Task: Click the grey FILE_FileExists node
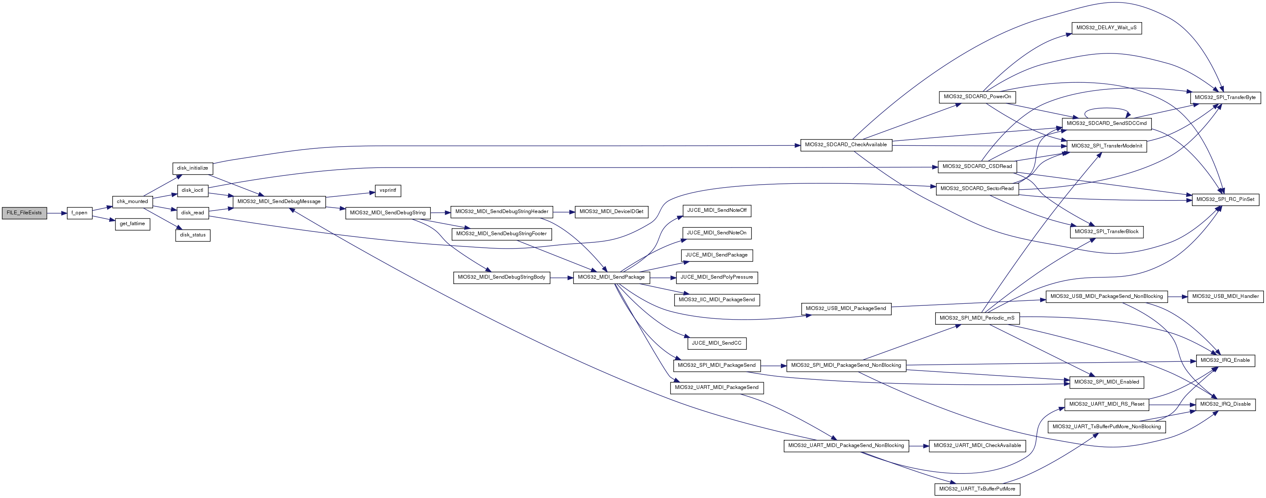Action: [25, 213]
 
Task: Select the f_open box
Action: [79, 213]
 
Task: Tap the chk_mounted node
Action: [132, 202]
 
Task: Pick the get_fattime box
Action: [132, 224]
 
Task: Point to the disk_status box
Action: [193, 235]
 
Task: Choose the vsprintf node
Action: [388, 191]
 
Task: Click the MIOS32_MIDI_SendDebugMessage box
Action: [279, 202]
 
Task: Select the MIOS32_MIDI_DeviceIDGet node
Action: [611, 212]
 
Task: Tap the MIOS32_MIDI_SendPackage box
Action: [611, 277]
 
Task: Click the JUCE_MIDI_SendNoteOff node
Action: [716, 211]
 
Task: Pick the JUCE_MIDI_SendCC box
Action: [716, 343]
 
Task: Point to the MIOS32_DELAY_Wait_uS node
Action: [1106, 28]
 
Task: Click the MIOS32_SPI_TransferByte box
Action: [1225, 98]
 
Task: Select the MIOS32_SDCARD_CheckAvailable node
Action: [846, 145]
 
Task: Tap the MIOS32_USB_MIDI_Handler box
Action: [1225, 297]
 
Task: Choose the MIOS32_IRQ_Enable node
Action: [1225, 361]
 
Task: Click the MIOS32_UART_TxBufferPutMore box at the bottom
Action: [977, 489]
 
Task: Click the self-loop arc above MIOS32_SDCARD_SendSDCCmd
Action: [1106, 109]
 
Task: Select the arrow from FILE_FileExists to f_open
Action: [57, 213]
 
